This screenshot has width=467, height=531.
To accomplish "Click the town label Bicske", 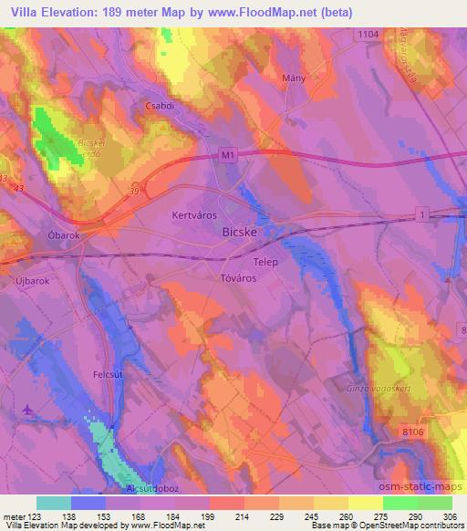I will coord(239,233).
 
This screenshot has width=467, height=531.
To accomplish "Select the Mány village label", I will coord(294,79).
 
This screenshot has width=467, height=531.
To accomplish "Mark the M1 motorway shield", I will coord(228,156).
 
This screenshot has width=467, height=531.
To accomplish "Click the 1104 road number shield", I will coord(368,33).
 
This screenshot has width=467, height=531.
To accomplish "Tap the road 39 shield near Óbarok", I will coord(134,191).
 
